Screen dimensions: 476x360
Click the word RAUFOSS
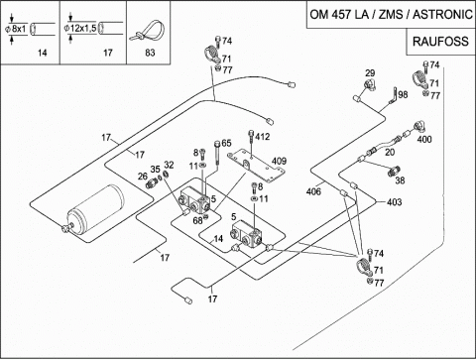tap(440, 42)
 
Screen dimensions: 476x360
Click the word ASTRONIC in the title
tap(442, 15)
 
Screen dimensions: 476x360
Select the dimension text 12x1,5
tap(82, 28)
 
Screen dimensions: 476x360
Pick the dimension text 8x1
tap(19, 29)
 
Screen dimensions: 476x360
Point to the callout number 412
tap(263, 137)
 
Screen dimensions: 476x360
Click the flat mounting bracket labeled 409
tap(256, 166)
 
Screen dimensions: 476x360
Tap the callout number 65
tap(226, 143)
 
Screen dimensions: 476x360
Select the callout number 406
tap(313, 191)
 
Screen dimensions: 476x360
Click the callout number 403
tap(394, 201)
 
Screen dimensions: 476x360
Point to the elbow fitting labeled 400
tap(420, 127)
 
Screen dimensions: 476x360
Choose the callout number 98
tap(403, 95)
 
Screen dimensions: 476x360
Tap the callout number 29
tap(370, 73)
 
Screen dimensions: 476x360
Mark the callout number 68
tap(197, 220)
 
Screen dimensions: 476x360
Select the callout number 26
tap(143, 177)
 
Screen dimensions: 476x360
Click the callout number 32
tap(169, 165)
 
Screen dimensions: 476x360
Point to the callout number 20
tap(390, 152)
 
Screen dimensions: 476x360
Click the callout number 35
tap(155, 170)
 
